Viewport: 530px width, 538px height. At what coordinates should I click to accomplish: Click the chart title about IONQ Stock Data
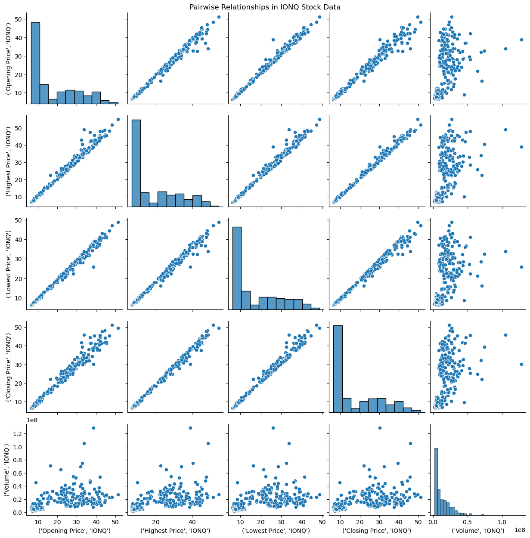point(265,7)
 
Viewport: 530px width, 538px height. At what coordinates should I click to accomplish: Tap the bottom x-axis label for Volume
point(477,531)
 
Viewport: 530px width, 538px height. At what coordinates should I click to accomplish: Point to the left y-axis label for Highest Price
point(8,166)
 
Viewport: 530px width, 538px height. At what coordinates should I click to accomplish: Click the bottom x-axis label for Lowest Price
point(276,531)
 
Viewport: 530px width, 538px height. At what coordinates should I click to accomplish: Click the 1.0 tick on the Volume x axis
point(494,521)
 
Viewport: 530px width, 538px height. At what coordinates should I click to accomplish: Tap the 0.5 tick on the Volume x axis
point(464,521)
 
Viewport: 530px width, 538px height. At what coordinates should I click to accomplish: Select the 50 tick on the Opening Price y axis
point(19,19)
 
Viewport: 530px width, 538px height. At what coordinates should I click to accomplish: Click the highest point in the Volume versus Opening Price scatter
point(93,428)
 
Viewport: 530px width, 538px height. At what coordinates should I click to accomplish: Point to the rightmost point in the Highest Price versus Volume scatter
point(521,147)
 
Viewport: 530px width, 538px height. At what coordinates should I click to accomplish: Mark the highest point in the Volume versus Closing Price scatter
point(380,428)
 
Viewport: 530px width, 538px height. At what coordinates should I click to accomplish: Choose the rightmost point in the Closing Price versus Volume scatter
point(521,364)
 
